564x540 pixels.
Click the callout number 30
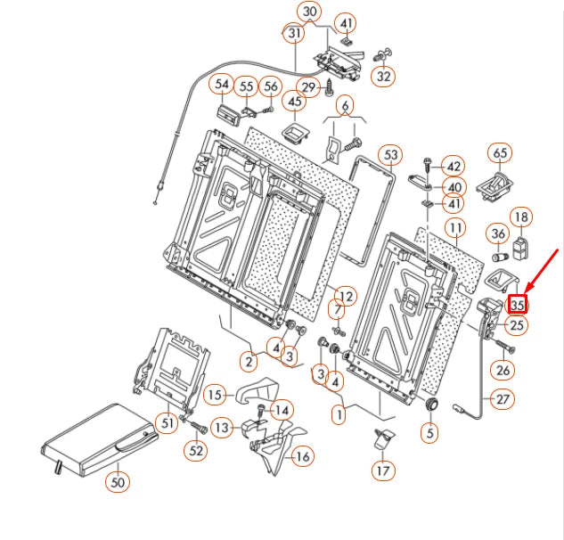(x=309, y=12)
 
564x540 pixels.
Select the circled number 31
(x=295, y=33)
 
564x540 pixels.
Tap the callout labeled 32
(x=384, y=76)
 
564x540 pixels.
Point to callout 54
(x=220, y=86)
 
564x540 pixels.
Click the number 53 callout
(x=389, y=156)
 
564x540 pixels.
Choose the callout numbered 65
(x=500, y=153)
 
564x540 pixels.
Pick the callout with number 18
(x=520, y=217)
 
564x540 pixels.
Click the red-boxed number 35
(x=519, y=304)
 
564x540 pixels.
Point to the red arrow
(x=543, y=268)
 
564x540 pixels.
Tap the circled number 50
(x=117, y=482)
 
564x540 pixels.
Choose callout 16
(x=303, y=456)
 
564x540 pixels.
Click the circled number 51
(x=167, y=421)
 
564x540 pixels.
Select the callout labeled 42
(x=454, y=167)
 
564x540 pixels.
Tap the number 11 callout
(x=455, y=228)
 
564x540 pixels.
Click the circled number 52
(x=195, y=451)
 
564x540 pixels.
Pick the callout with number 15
(x=214, y=394)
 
